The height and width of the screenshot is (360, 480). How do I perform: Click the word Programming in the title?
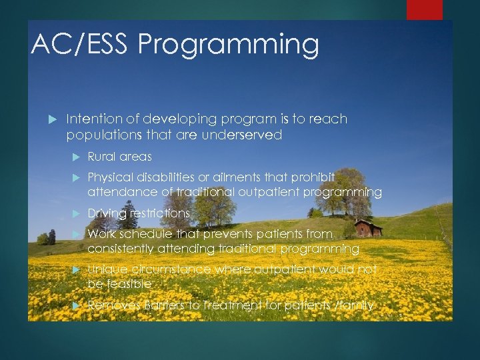pyautogui.click(x=228, y=44)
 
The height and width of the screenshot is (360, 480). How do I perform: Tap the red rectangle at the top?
pyautogui.click(x=425, y=9)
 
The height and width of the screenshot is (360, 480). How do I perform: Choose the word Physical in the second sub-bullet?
pyautogui.click(x=110, y=177)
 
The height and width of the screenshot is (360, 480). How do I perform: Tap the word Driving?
pyautogui.click(x=107, y=213)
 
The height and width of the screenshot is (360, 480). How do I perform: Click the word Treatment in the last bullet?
pyautogui.click(x=223, y=305)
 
